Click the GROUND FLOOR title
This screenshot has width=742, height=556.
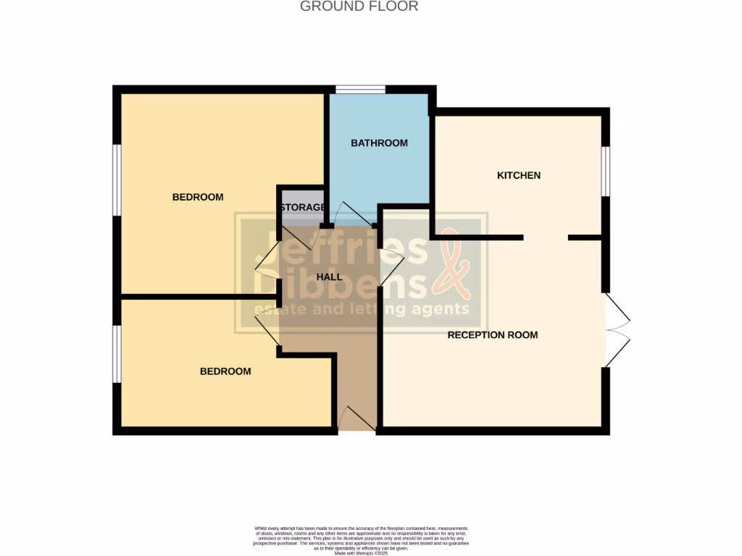(x=359, y=7)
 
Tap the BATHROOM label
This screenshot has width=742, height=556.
(x=379, y=143)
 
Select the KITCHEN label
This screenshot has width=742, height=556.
(x=519, y=175)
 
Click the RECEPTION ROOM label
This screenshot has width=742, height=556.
(x=493, y=335)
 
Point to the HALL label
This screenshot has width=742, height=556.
(x=330, y=277)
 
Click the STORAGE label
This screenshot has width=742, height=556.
(x=302, y=208)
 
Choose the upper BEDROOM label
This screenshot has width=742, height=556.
(x=198, y=197)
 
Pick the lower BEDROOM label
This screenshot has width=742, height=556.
(x=225, y=371)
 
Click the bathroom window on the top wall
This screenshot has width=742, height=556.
(x=360, y=90)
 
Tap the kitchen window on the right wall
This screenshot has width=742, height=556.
(x=606, y=171)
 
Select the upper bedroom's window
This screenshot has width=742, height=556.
(x=116, y=180)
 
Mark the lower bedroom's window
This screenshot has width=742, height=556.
(x=116, y=353)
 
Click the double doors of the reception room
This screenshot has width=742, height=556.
(x=617, y=330)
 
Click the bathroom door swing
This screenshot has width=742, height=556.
(x=351, y=214)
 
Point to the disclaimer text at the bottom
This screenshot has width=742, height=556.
(x=361, y=539)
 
